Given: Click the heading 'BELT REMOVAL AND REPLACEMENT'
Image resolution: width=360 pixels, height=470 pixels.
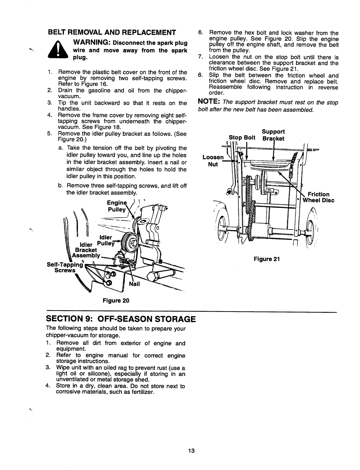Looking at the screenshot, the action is tap(112, 32).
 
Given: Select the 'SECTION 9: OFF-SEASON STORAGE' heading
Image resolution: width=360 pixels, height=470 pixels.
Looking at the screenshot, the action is tap(121, 319).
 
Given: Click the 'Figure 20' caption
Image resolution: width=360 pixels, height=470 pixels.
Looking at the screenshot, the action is tap(116, 301).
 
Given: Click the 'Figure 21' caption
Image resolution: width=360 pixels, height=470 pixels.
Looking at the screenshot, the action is tap(267, 259).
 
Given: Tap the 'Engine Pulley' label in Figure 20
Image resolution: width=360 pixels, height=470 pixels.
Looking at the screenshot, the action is tap(117, 206).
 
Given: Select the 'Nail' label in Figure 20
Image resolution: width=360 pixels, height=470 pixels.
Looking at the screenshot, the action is tap(134, 284).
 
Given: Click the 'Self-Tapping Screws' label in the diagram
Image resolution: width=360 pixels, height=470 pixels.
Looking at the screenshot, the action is tap(65, 267).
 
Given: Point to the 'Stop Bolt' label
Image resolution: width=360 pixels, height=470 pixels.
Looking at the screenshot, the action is tap(242, 137).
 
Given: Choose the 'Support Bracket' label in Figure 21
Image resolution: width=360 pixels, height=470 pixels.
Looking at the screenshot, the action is tap(273, 135).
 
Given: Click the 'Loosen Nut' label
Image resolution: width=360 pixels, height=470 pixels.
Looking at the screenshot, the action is tap(213, 161).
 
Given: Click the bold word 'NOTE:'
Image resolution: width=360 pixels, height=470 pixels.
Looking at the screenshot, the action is tap(209, 101).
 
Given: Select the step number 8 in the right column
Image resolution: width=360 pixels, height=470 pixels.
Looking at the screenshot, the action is tap(200, 75).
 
